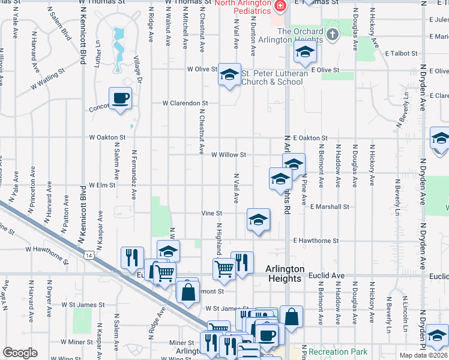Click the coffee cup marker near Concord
tap(120, 98)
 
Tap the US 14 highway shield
tap(89, 256)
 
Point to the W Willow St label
tap(229, 155)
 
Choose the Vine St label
tap(211, 213)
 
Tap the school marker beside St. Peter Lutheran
tap(229, 74)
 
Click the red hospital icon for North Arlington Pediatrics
tap(279, 6)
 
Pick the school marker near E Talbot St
tap(305, 53)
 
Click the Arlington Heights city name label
tap(285, 274)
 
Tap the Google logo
tap(20, 353)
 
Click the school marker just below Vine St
tap(258, 220)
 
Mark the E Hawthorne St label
tap(316, 241)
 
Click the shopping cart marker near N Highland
tap(223, 269)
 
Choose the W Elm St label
tap(102, 185)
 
